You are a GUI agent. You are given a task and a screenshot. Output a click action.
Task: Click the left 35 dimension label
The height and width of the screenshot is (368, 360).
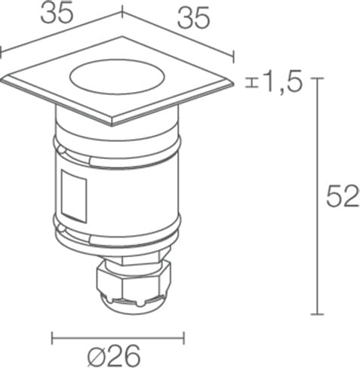pos(57,13)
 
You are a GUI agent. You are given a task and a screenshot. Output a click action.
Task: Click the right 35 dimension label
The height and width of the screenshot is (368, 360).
pos(193,17)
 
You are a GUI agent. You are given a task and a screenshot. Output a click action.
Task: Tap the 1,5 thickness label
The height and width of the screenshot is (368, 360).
pos(282,81)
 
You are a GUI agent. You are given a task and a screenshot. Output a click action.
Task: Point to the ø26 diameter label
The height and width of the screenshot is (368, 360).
pos(114,356)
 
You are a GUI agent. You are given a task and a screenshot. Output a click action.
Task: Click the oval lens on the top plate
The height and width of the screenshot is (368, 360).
pos(117,76)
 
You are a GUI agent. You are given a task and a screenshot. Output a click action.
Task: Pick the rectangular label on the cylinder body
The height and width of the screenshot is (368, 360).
pos(74,196)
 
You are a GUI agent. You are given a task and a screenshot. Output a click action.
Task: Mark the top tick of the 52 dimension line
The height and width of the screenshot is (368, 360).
pos(317,78)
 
